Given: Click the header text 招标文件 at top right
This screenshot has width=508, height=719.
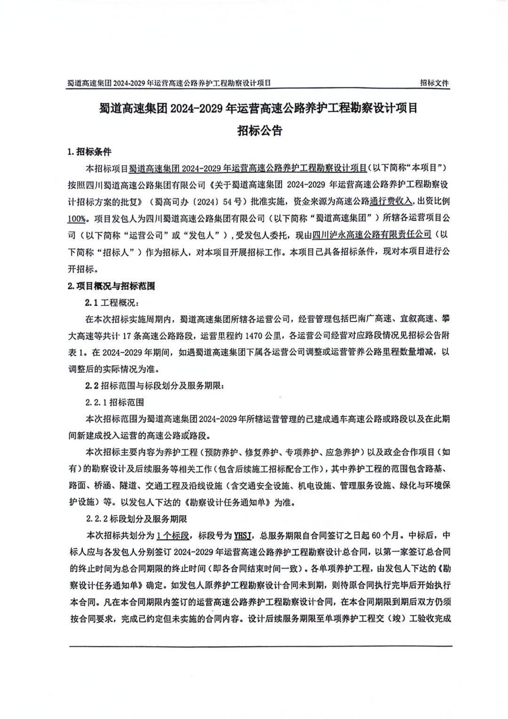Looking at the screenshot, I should (x=434, y=83).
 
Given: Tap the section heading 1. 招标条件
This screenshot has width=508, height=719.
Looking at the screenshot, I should (x=90, y=152).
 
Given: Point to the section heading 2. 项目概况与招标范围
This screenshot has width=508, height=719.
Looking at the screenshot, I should (x=111, y=286).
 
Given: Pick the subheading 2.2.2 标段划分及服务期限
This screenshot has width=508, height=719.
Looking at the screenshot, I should (x=136, y=519).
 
